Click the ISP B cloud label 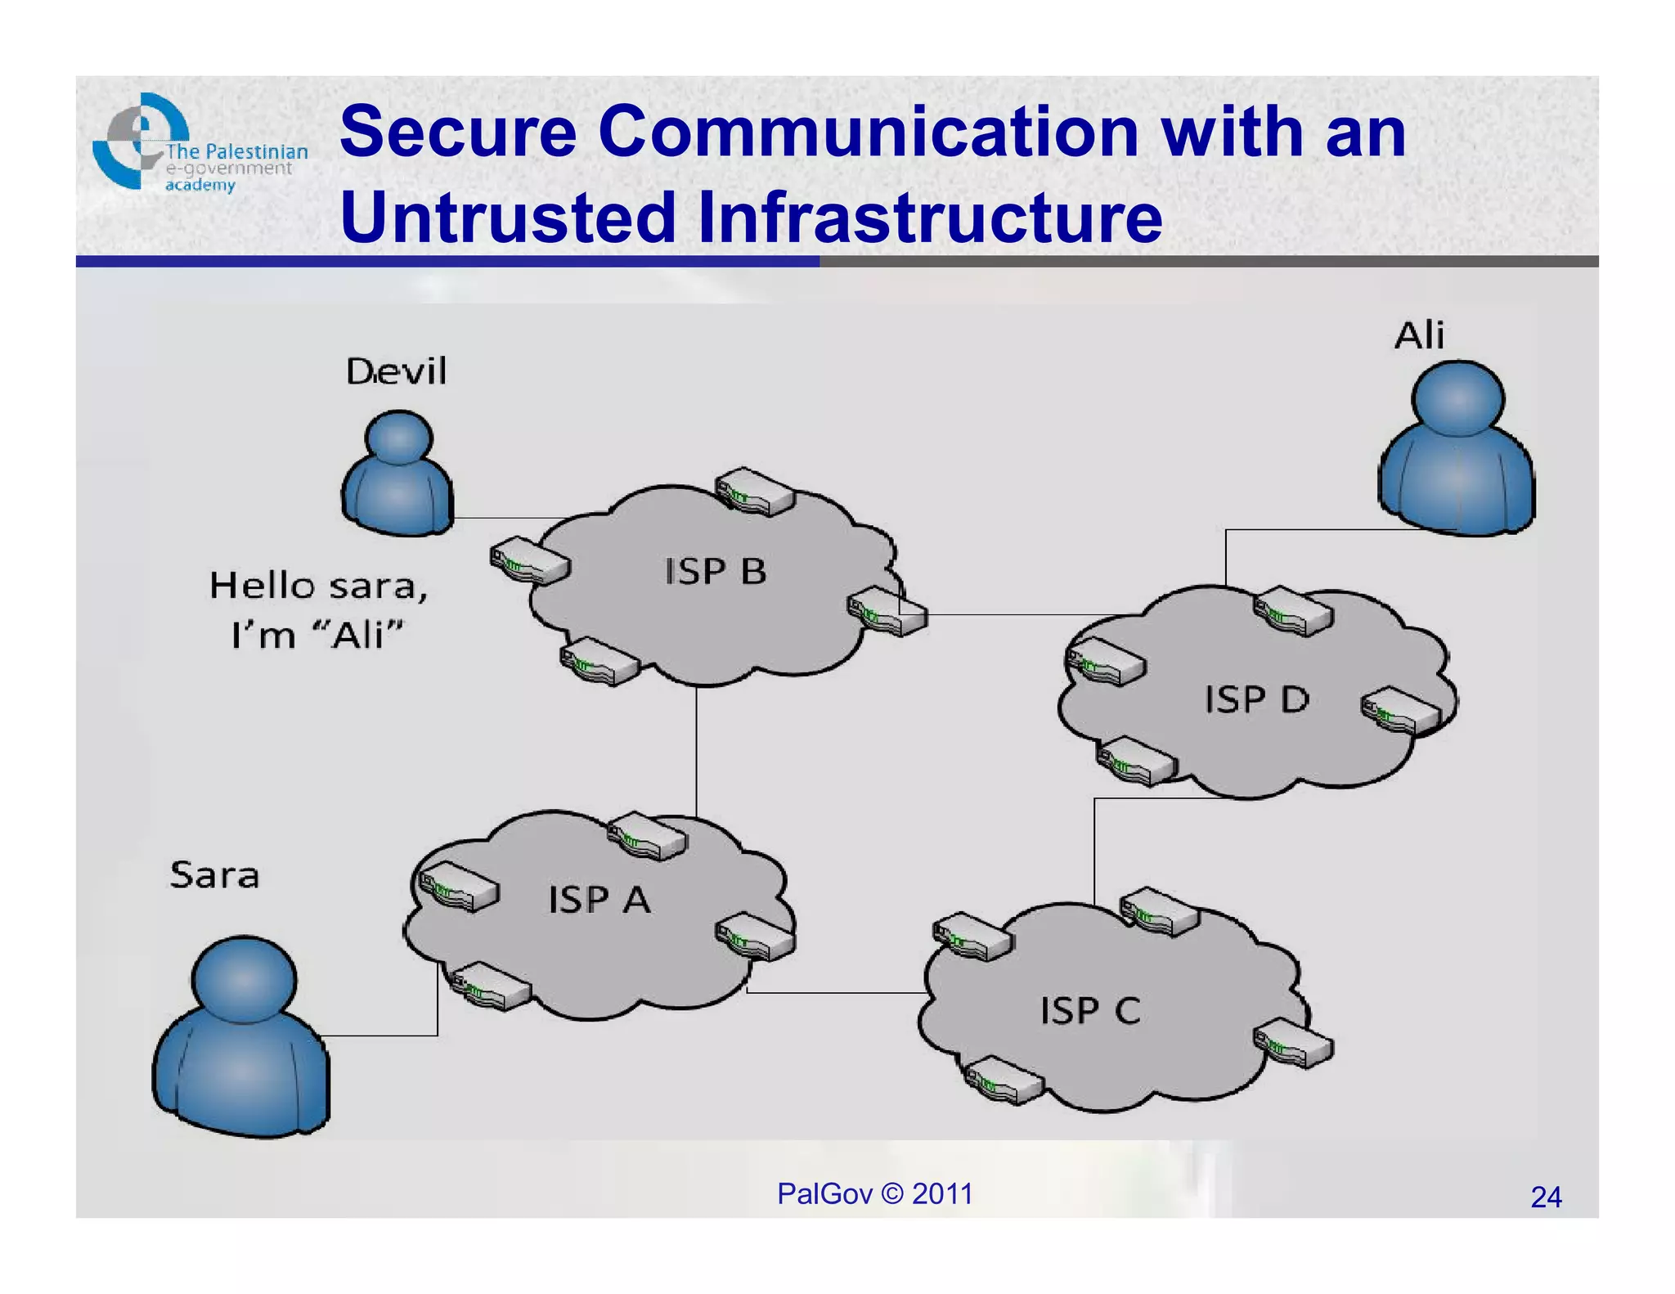[716, 571]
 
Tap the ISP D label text [1256, 699]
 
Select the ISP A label [599, 900]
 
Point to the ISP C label [1090, 1011]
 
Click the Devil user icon [398, 474]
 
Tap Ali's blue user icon [1457, 450]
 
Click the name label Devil [397, 372]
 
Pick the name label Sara [214, 875]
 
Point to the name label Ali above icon [1419, 335]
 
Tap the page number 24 [1546, 1197]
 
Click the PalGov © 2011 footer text [874, 1194]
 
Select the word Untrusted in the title [508, 218]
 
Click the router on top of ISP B [754, 492]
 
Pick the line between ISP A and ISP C [834, 993]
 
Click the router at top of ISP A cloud [647, 835]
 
